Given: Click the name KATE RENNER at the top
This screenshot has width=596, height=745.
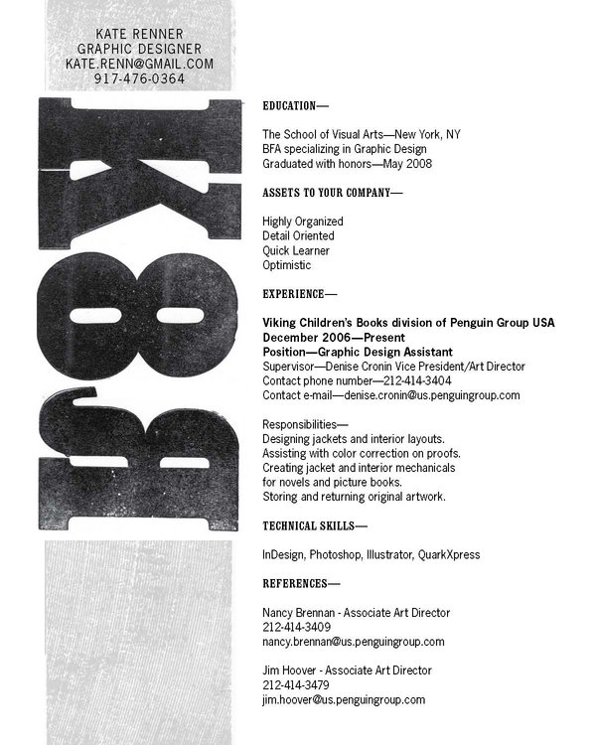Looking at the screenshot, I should click(x=139, y=34).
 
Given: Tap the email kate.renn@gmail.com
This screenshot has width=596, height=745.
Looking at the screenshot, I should click(x=139, y=63).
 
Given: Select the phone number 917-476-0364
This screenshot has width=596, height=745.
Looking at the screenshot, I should click(x=139, y=77).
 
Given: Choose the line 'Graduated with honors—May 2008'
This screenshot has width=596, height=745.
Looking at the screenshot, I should click(x=347, y=163).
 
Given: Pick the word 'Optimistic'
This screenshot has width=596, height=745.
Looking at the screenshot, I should click(x=287, y=265).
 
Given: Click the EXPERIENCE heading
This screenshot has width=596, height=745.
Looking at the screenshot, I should click(x=299, y=294).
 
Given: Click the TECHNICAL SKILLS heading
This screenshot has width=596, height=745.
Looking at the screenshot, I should click(x=315, y=524).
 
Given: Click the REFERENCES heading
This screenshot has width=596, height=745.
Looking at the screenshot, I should click(x=301, y=583).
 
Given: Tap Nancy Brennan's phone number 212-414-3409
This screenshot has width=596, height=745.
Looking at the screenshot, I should click(x=297, y=627).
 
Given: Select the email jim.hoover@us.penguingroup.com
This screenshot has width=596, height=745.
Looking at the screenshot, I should click(x=344, y=699).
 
